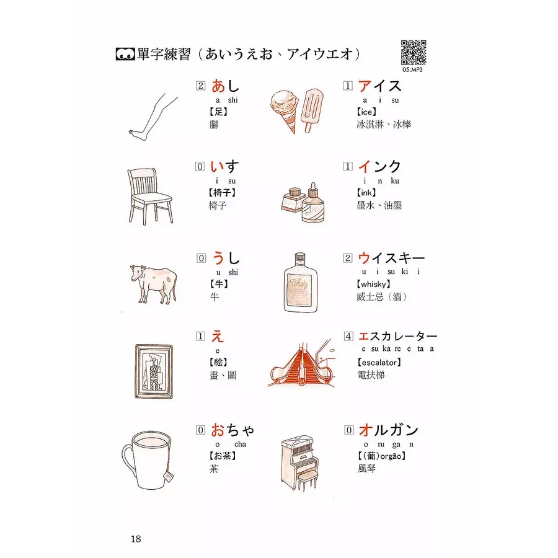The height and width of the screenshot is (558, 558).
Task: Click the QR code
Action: tap(414, 53)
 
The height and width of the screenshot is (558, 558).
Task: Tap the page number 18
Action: tap(136, 539)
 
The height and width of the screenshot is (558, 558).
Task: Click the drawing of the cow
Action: tap(153, 284)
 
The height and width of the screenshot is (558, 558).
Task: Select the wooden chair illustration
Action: tap(150, 197)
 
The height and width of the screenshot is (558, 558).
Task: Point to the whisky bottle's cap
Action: tap(300, 256)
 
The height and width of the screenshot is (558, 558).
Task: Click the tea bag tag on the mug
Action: tap(169, 476)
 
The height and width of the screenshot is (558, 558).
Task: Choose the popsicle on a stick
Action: tap(312, 109)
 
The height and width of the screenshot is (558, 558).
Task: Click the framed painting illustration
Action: tap(154, 371)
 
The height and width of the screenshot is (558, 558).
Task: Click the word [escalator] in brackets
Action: tap(379, 363)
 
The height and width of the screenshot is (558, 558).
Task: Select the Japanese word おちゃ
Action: tap(232, 430)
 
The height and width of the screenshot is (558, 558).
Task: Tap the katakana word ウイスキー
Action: tap(391, 258)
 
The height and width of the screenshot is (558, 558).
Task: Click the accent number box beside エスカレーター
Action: tap(348, 336)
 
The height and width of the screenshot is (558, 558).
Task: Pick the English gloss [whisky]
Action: tap(373, 284)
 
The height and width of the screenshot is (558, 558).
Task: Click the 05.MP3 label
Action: tap(412, 69)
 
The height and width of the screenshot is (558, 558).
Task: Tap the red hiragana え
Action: tap(218, 336)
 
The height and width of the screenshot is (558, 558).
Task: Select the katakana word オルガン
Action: tap(388, 430)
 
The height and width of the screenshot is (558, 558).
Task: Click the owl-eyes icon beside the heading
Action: tap(125, 54)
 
